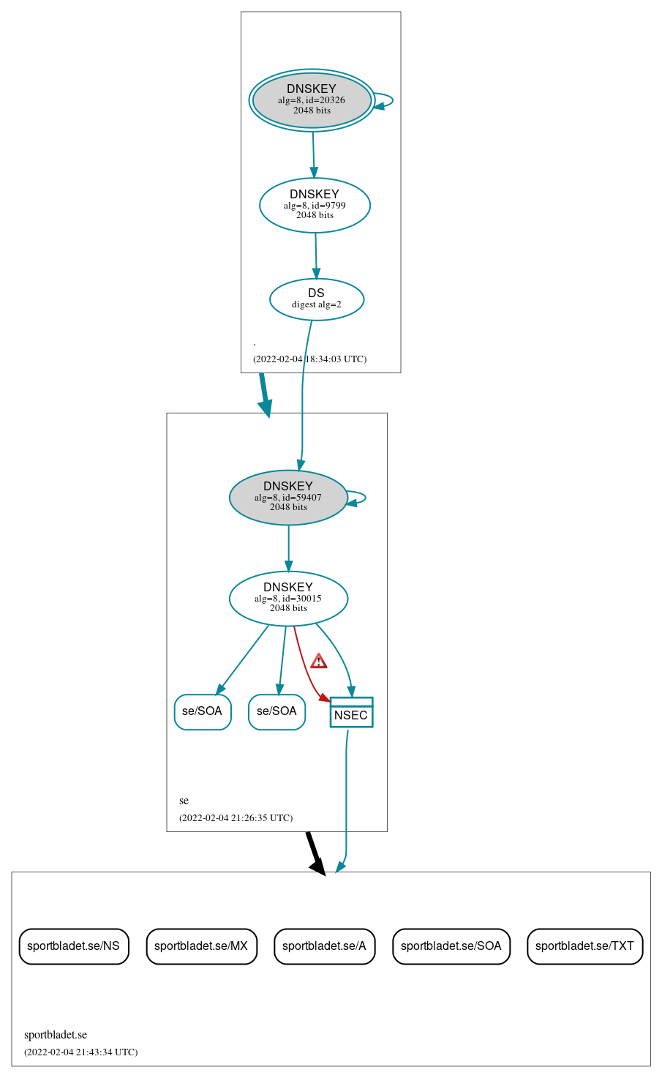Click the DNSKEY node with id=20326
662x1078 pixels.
point(312,100)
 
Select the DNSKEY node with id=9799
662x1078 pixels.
point(315,206)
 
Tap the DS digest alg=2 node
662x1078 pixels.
point(316,299)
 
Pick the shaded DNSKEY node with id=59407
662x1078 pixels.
point(288,498)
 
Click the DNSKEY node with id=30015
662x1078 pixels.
point(288,599)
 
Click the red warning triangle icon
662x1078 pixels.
point(318,662)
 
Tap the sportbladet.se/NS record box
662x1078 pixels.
point(73,946)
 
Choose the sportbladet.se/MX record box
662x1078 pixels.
point(201,946)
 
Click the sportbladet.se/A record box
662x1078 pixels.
point(324,946)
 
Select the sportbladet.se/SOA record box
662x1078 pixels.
point(451,946)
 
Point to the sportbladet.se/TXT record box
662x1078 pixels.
point(584,946)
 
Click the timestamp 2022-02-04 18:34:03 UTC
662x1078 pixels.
point(309,359)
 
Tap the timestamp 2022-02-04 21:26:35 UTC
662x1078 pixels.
point(236,818)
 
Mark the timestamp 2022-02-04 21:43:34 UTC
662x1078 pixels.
point(80,1052)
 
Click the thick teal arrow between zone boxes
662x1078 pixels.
point(265,395)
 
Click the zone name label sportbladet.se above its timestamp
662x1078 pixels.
point(56,1035)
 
